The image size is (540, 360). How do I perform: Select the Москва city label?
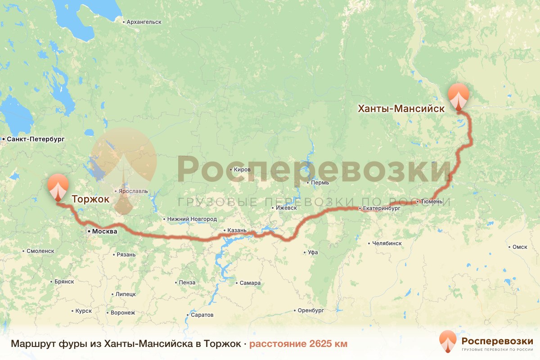point(104,231)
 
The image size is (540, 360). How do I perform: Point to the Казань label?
point(237,230)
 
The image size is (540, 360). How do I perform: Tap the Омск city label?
point(520,247)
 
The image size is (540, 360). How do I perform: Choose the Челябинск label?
point(387,243)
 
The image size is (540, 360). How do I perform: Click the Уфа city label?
point(313,252)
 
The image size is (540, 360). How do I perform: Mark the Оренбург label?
point(310,310)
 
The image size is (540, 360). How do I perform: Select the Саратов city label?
point(202,315)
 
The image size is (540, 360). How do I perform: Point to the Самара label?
point(250,283)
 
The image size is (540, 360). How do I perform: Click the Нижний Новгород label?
point(192,219)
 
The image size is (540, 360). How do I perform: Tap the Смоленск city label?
point(40,251)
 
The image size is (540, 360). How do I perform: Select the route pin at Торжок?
point(58,186)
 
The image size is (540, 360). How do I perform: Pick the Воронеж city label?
point(122,313)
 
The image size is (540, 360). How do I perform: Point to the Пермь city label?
point(319,183)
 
